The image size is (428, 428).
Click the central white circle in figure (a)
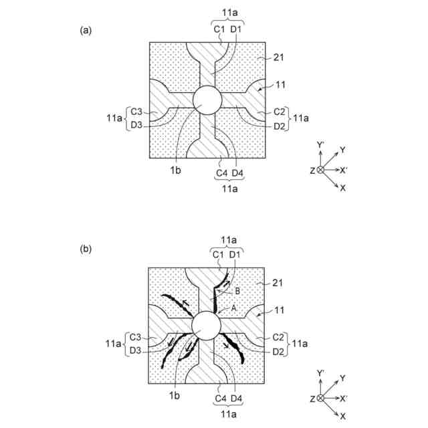click(207, 100)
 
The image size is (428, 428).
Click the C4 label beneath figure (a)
click(221, 174)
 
